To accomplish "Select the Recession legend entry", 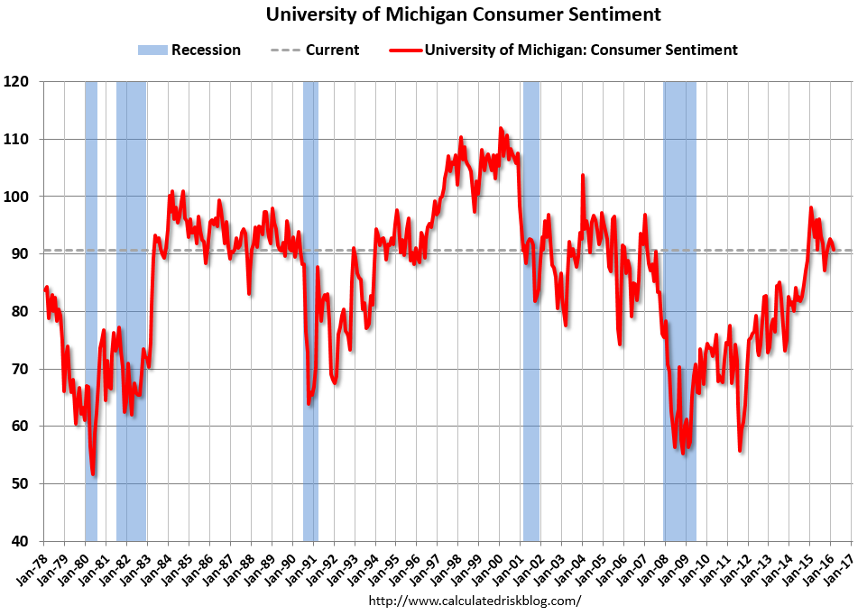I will pos(189,50).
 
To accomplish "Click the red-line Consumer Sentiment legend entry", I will pos(563,50).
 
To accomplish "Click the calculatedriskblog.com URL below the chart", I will pos(475,601).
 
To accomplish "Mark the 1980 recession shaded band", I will pos(91,307).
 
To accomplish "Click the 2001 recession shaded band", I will pos(530,307).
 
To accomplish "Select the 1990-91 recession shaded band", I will pos(310,307).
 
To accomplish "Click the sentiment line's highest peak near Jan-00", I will pos(501,129).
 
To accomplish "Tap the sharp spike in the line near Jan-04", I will pos(582,175).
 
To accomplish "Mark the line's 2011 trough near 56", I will pos(740,450).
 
